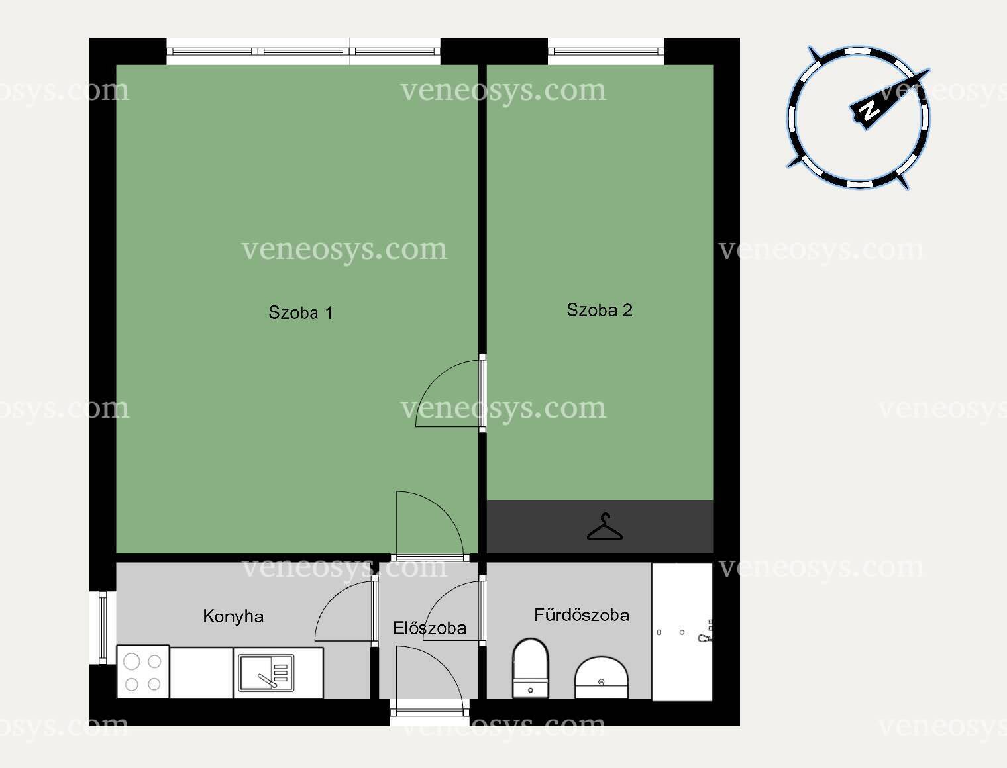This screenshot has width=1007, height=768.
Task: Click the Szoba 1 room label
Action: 301,312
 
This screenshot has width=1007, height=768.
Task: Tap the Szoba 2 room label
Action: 600,310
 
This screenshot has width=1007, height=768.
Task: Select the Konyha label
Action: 233,616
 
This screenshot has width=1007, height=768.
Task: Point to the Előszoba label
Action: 429,628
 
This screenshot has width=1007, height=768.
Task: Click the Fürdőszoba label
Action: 582,615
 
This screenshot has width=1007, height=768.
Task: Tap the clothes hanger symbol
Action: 605,527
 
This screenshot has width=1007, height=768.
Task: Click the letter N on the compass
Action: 869,110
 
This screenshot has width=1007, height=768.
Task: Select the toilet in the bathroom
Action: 531,669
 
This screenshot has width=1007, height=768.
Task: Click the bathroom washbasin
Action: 602,678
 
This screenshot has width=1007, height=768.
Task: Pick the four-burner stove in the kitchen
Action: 143,672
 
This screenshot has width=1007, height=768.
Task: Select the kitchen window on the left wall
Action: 103,628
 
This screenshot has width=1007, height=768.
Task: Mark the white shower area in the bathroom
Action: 682,632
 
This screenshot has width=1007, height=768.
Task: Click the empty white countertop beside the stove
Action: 201,673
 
